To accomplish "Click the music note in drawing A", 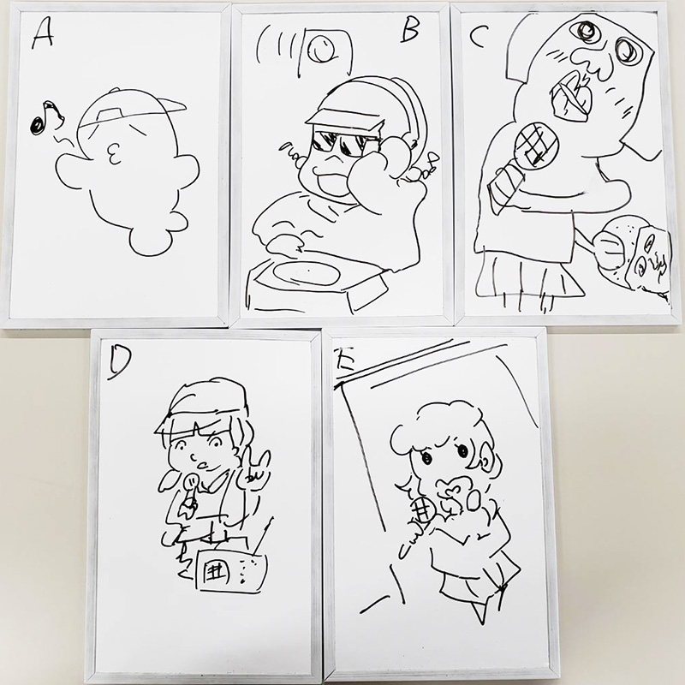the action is click(x=44, y=117).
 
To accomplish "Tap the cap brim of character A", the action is click(x=170, y=105).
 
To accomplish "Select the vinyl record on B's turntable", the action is click(x=307, y=274).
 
